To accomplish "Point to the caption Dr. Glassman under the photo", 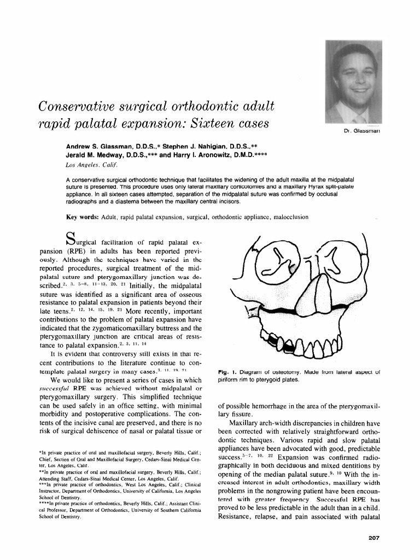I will tap(363, 131).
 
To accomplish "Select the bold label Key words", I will tap(81, 217).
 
